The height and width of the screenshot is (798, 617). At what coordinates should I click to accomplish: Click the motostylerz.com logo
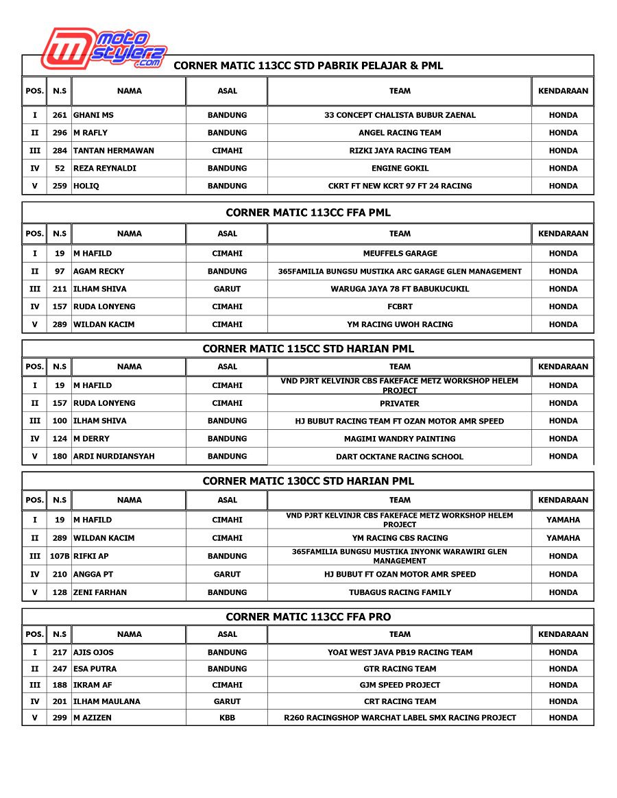click(x=103, y=48)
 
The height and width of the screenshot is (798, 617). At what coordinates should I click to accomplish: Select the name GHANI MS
click(x=94, y=115)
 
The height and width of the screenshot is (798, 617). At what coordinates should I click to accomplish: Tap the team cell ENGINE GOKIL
click(x=400, y=168)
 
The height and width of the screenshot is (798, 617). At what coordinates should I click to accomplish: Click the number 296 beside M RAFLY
click(x=60, y=133)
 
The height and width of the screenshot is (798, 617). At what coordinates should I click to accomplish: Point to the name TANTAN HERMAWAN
click(x=114, y=151)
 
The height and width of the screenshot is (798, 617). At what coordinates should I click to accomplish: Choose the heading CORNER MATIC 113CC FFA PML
click(x=308, y=213)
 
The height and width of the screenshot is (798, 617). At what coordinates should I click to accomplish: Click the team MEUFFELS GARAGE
click(x=400, y=254)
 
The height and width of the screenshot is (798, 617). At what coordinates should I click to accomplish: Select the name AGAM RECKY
click(x=99, y=271)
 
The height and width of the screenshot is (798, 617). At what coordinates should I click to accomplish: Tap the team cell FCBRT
click(x=400, y=306)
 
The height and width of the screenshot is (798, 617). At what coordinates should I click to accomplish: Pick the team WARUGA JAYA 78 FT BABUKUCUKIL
click(x=400, y=289)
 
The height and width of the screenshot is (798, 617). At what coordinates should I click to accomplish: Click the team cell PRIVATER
click(x=400, y=404)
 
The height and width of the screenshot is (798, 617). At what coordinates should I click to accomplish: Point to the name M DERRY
click(x=92, y=439)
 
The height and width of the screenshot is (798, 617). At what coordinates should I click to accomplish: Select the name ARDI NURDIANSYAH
click(x=114, y=457)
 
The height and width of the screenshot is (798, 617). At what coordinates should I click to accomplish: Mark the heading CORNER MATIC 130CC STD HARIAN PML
click(x=308, y=481)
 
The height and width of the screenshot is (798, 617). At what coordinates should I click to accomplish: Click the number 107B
click(x=60, y=556)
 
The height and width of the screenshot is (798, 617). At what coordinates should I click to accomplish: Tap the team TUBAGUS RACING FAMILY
click(x=400, y=592)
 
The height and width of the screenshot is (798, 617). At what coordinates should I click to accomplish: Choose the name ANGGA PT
click(x=93, y=575)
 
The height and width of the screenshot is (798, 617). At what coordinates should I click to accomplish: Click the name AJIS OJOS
click(x=94, y=653)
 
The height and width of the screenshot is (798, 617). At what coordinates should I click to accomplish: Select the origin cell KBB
click(x=227, y=718)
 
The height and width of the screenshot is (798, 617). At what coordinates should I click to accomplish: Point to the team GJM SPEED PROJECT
click(x=400, y=685)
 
